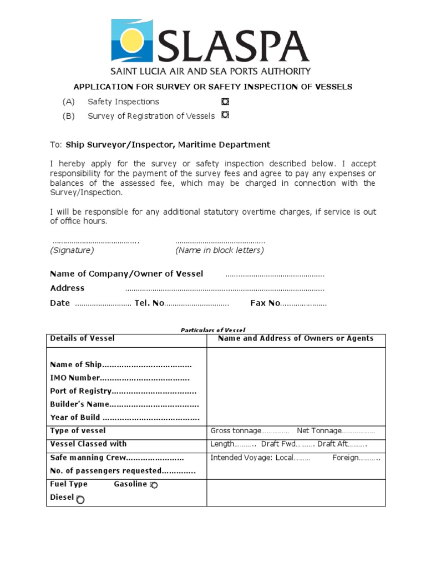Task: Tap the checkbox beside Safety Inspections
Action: pyautogui.click(x=225, y=102)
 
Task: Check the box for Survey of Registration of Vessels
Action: pyautogui.click(x=225, y=115)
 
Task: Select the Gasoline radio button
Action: pyautogui.click(x=154, y=485)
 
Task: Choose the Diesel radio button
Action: pyautogui.click(x=80, y=500)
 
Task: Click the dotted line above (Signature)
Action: pyautogui.click(x=95, y=242)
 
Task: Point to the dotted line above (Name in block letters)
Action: pyautogui.click(x=220, y=242)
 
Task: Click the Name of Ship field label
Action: pyautogui.click(x=76, y=365)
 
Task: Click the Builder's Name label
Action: pyautogui.click(x=79, y=404)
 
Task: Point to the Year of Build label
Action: pyautogui.click(x=75, y=418)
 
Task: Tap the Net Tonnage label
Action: pyautogui.click(x=318, y=431)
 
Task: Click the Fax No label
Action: pyautogui.click(x=265, y=303)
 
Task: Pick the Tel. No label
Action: pyautogui.click(x=149, y=303)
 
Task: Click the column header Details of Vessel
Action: pyautogui.click(x=83, y=338)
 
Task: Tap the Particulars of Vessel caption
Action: pyautogui.click(x=212, y=330)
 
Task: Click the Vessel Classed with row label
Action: pyautogui.click(x=88, y=444)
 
